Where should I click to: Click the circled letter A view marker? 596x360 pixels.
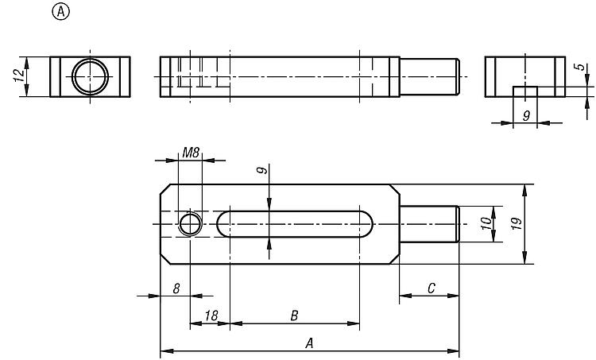(x=61, y=12)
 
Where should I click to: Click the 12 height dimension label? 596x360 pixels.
(x=19, y=75)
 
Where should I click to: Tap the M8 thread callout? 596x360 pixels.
(x=191, y=153)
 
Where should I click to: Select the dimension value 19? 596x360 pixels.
(x=517, y=223)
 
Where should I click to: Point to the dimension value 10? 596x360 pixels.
(x=486, y=223)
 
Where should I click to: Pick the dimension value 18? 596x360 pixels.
(x=211, y=315)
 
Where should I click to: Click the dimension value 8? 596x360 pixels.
(x=176, y=289)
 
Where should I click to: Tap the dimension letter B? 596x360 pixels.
(x=294, y=315)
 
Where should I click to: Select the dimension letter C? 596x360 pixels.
(x=431, y=288)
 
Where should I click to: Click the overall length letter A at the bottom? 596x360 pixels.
(x=309, y=343)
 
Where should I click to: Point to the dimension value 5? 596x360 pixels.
(x=580, y=67)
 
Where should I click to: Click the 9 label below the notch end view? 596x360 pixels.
(x=526, y=115)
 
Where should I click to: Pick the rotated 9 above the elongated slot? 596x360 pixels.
(x=261, y=170)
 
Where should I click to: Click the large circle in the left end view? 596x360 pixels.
(x=90, y=59)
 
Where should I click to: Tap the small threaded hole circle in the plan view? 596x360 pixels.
(x=190, y=213)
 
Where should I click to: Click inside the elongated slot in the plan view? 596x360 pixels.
(x=295, y=224)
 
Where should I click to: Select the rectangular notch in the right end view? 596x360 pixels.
(x=525, y=91)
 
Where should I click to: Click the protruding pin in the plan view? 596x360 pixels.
(x=429, y=224)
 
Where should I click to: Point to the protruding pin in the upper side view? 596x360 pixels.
(x=429, y=77)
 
